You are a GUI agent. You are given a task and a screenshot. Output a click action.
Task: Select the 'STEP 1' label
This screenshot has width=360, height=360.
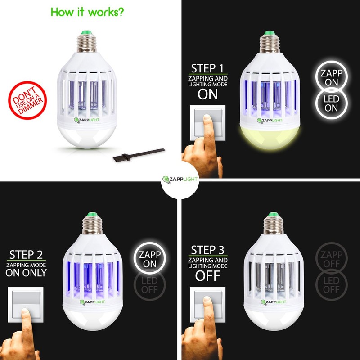pos(207,68)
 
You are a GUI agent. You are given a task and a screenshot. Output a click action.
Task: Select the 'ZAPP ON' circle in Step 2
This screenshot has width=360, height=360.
pos(150,258)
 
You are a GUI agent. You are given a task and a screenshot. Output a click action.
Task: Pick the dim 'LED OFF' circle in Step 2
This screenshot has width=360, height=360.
pos(150,285)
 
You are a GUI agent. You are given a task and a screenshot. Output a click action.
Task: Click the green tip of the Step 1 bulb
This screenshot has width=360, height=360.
pos(270,33)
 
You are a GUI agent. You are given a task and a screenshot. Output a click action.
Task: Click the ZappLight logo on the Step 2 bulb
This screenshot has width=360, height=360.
pos(89,302)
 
